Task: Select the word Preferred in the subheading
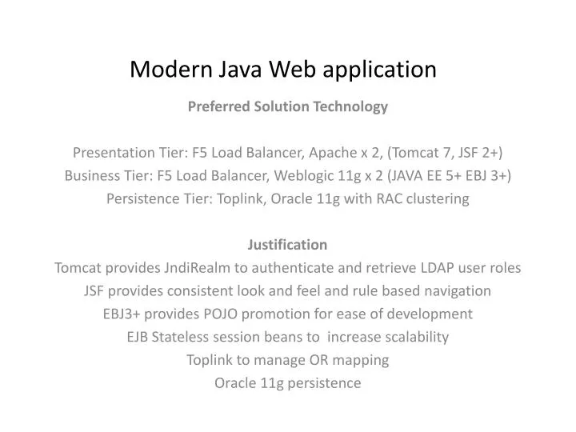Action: click(x=218, y=106)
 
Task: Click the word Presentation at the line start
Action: click(x=109, y=153)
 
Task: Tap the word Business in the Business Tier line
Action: click(x=91, y=176)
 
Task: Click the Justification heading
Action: click(x=288, y=245)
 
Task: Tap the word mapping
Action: click(x=362, y=360)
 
